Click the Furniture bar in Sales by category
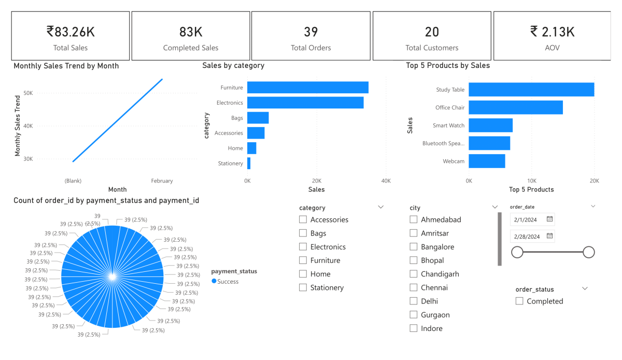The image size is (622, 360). click(307, 88)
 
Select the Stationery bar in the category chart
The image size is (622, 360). click(249, 163)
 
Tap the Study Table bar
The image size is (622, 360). click(531, 90)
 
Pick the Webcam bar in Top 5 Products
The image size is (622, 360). click(487, 161)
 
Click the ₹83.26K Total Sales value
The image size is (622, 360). click(70, 32)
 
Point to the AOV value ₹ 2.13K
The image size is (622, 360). click(552, 32)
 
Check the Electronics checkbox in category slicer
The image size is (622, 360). click(303, 247)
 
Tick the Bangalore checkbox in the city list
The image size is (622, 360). click(414, 247)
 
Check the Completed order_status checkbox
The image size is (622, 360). click(519, 301)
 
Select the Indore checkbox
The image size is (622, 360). click(414, 328)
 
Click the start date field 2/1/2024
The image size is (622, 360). click(527, 219)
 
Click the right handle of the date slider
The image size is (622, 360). click(588, 253)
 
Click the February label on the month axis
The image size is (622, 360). click(162, 181)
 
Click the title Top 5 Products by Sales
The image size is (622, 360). click(448, 66)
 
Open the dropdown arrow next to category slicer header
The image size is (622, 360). click(381, 207)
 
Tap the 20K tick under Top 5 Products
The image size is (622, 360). click(594, 181)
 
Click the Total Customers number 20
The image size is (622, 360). click(432, 32)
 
